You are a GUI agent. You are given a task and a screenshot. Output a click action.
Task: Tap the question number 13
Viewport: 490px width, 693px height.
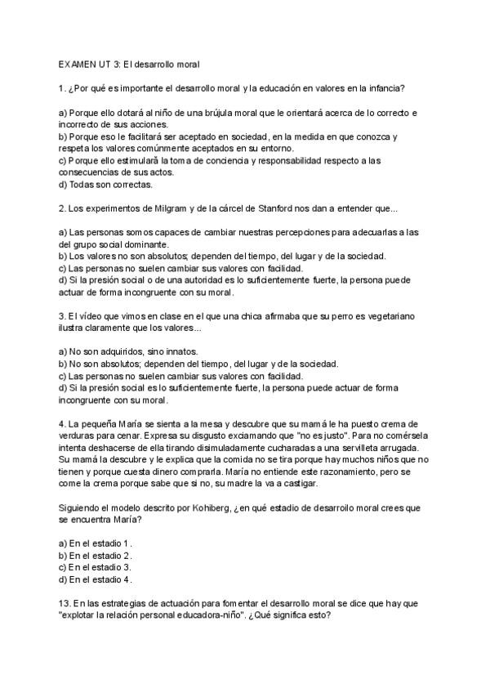65,604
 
